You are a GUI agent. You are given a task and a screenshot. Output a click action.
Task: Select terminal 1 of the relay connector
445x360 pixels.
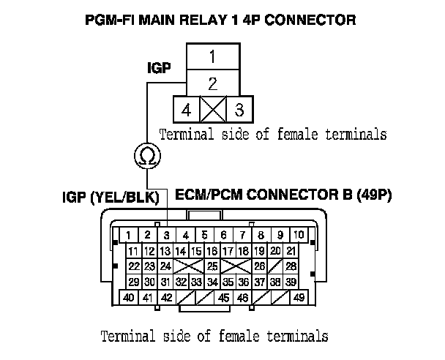tap(211, 56)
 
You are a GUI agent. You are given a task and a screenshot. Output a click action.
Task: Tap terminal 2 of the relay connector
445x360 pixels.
tap(211, 83)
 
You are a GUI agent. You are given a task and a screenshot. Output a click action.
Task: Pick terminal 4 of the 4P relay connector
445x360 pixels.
tap(187, 110)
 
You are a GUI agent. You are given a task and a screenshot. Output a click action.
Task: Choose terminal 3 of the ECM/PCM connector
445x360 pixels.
tap(166, 235)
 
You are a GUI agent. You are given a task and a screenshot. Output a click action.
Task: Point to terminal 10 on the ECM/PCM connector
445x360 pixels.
tap(300, 235)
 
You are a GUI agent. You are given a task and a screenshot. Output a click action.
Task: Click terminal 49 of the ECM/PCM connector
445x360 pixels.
tap(299, 298)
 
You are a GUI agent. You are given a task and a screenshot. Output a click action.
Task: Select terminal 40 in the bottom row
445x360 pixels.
tap(129, 298)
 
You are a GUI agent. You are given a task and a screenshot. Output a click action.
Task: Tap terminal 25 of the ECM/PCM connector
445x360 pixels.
tap(212, 266)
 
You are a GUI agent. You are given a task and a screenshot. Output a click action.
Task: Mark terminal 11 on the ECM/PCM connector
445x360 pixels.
tap(133, 251)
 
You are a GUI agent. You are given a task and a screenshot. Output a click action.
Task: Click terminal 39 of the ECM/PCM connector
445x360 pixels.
tap(291, 282)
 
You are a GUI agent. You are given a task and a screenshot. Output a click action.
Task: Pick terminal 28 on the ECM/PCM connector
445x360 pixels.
tap(291, 266)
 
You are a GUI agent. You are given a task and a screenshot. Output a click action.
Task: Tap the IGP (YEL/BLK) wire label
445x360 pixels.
tap(118, 196)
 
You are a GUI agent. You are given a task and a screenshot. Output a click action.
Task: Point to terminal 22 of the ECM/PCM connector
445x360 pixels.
tap(133, 266)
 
